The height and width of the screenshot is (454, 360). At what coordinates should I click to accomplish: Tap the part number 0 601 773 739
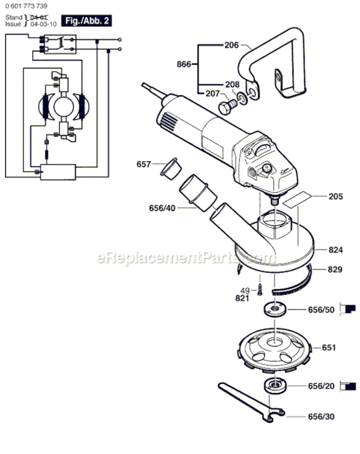pyautogui.click(x=27, y=5)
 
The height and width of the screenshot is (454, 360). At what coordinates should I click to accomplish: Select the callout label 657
pyautogui.click(x=143, y=164)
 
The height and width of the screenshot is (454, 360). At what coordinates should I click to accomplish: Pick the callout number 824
pyautogui.click(x=337, y=249)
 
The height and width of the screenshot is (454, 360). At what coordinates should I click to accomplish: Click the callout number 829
pyautogui.click(x=337, y=269)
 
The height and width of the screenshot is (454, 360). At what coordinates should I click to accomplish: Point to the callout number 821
pyautogui.click(x=243, y=298)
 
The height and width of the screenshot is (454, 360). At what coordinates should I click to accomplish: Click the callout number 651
pyautogui.click(x=329, y=347)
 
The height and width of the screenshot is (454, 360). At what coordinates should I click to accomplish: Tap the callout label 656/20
pyautogui.click(x=321, y=386)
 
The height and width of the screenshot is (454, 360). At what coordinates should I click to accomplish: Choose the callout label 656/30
pyautogui.click(x=321, y=416)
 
